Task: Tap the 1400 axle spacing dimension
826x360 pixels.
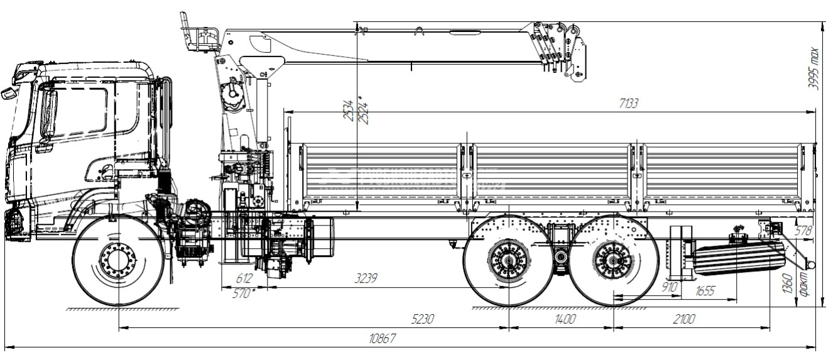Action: [x=565, y=319]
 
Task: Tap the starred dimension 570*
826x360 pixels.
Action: [x=244, y=292]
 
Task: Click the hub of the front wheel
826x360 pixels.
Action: [x=117, y=260]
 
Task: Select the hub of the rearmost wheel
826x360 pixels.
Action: [x=613, y=260]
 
